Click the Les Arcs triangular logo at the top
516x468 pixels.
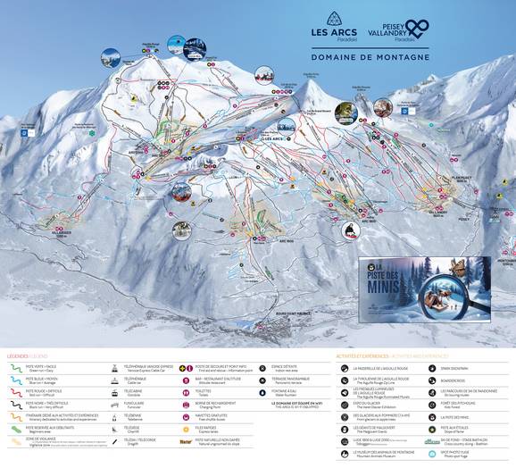pos(333,19)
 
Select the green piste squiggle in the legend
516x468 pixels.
pos(16,367)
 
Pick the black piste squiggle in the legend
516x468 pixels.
pos(16,404)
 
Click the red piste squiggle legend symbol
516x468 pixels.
pos(16,391)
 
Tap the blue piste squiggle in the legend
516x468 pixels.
pos(16,379)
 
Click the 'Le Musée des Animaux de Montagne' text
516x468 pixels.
pos(384,452)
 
